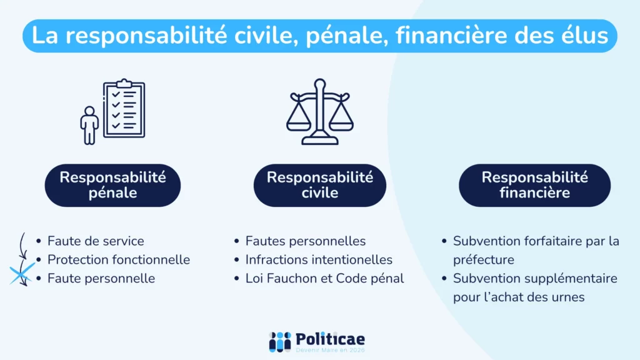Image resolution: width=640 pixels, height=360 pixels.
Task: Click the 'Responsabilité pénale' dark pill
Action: pyautogui.click(x=112, y=185)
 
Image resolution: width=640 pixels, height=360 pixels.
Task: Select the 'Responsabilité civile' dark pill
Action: pyautogui.click(x=319, y=185)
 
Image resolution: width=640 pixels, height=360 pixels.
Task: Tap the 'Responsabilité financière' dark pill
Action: pyautogui.click(x=534, y=185)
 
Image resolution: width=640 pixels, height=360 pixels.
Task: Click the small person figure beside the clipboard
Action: pyautogui.click(x=90, y=125)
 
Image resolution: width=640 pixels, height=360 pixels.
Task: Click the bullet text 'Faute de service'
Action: pyautogui.click(x=96, y=241)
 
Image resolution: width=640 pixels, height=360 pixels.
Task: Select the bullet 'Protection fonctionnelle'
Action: pyautogui.click(x=119, y=259)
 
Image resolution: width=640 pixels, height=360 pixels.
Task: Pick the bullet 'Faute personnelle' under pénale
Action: pyautogui.click(x=101, y=278)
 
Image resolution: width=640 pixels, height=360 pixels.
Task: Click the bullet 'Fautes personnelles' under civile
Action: pyautogui.click(x=306, y=241)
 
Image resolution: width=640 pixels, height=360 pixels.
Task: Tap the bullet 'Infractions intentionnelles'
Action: pyautogui.click(x=319, y=259)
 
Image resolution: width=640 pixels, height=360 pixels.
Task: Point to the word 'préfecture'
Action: pyautogui.click(x=484, y=259)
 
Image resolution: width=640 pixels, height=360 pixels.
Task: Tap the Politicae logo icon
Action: pyautogui.click(x=280, y=341)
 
